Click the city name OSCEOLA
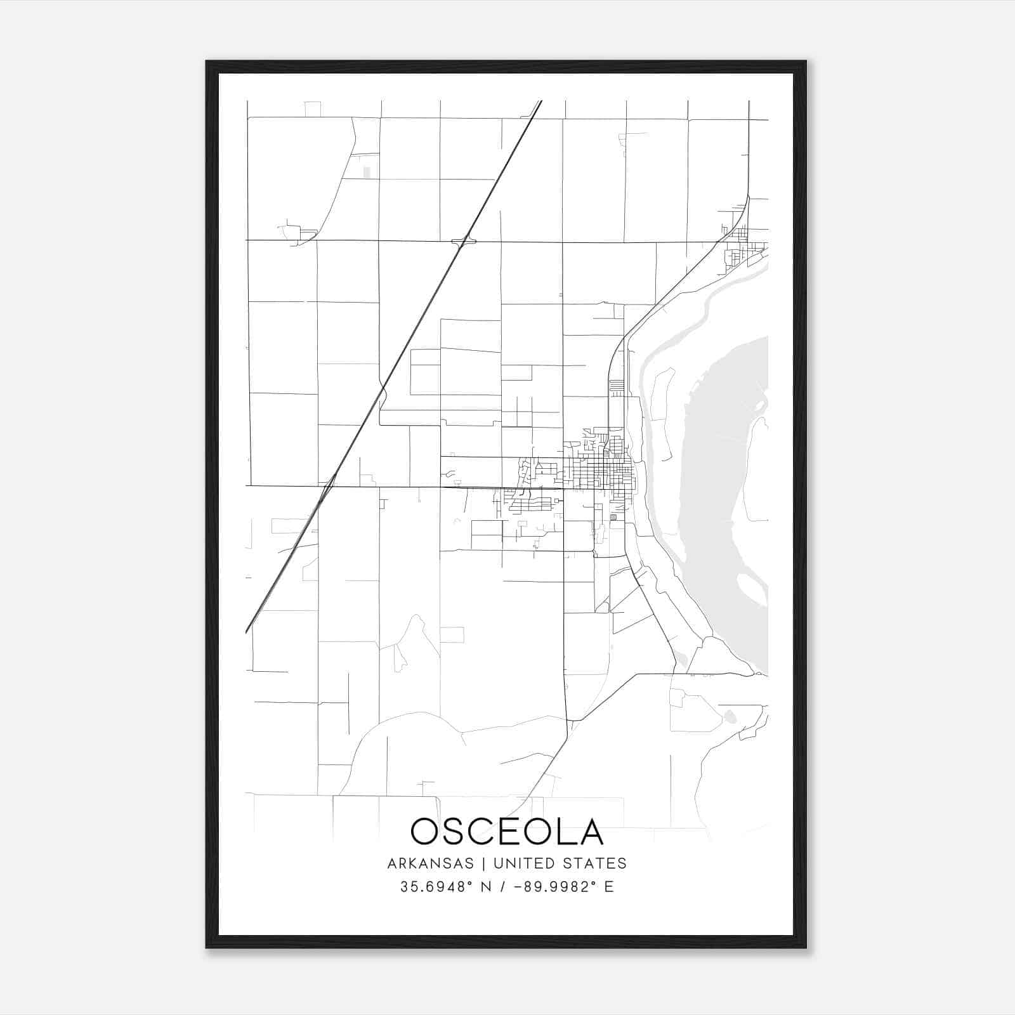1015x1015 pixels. pos(507,831)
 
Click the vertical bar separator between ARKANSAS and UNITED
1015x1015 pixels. pos(483,863)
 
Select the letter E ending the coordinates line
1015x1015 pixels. pos(609,887)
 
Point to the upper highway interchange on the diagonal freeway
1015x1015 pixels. pos(464,241)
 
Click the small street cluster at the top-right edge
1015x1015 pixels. pos(739,244)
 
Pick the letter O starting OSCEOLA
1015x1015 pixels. pos(425,831)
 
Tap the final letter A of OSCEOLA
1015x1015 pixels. pos(590,831)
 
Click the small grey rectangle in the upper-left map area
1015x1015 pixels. pos(367,172)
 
